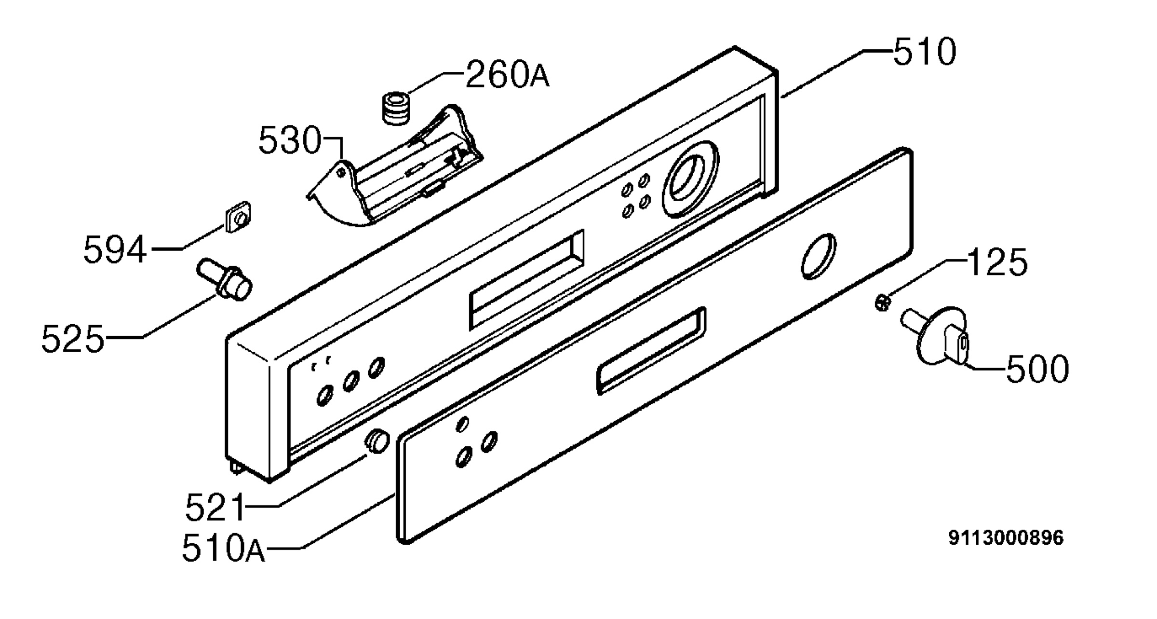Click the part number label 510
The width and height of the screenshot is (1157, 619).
click(x=925, y=52)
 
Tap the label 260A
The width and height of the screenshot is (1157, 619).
click(x=507, y=75)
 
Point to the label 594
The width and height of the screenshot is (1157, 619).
click(x=115, y=249)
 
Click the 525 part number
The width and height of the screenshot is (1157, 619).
click(x=73, y=339)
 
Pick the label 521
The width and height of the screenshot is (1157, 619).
click(x=215, y=507)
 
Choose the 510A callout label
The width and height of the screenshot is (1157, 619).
click(x=224, y=549)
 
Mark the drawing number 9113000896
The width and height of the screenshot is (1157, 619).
click(x=1006, y=538)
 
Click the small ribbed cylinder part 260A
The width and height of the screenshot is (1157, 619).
click(x=397, y=109)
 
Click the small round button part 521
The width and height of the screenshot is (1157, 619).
click(x=377, y=441)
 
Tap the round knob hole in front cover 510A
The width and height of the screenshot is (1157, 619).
click(x=818, y=257)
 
